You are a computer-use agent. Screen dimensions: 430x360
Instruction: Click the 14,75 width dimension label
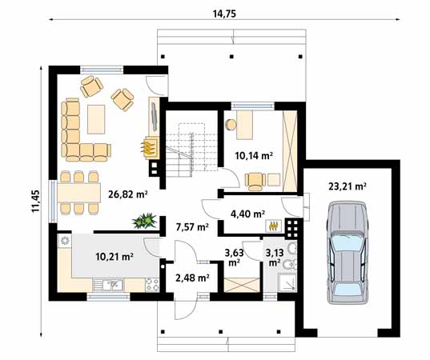(224, 14)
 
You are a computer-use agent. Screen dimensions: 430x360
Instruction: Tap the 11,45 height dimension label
(36, 202)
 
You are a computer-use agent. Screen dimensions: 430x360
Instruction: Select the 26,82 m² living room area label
(128, 194)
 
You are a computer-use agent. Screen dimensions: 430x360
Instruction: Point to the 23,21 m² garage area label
(348, 187)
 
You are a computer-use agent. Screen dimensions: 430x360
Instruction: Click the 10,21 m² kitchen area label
(115, 257)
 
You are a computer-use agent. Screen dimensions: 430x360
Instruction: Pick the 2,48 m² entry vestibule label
(192, 278)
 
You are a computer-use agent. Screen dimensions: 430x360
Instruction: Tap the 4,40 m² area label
(247, 214)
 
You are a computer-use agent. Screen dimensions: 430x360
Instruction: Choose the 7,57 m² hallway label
(192, 227)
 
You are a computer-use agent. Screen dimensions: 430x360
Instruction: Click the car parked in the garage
(348, 253)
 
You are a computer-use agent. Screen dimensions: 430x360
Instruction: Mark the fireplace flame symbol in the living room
(147, 148)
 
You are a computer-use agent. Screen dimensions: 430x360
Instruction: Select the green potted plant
(144, 221)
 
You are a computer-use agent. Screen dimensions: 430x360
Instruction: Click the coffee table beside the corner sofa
(96, 119)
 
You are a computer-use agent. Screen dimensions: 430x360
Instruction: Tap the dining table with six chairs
(79, 193)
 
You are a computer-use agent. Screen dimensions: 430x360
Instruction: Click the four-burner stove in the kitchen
(152, 286)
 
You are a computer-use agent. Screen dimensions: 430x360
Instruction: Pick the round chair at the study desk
(231, 125)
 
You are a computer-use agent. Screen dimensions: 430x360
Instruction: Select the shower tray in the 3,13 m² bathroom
(287, 282)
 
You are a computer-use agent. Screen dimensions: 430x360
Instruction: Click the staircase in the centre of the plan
(191, 150)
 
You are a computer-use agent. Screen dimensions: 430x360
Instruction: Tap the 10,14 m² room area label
(254, 156)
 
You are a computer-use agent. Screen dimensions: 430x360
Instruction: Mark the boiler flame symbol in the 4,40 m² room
(272, 226)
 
